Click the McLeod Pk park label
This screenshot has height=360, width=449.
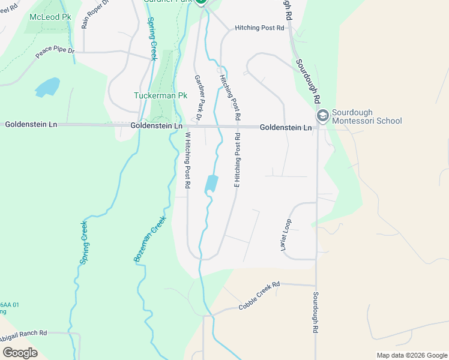[50, 17]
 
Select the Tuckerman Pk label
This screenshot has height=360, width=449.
[160, 95]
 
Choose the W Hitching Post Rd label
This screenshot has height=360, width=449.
[187, 161]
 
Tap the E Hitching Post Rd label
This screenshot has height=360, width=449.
[238, 161]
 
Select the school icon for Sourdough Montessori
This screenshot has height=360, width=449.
[322, 116]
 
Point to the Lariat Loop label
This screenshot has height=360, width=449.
[287, 235]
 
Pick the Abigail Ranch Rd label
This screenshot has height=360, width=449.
[23, 334]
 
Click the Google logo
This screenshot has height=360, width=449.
[20, 353]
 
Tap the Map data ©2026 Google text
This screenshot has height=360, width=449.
[412, 355]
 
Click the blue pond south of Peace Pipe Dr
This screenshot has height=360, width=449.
[48, 87]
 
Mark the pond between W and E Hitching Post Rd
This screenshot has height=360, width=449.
[211, 184]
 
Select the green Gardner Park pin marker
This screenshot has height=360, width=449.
[201, 2]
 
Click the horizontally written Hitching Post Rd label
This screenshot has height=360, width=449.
[259, 28]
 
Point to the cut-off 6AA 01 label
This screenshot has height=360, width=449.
[10, 305]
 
